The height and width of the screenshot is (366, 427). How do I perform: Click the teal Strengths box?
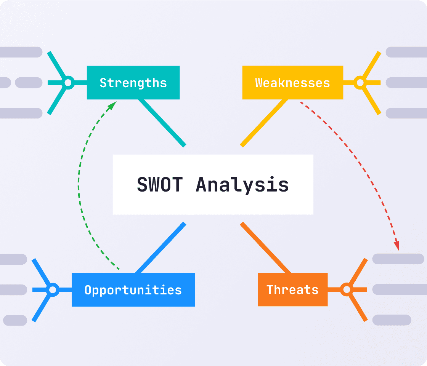[x=133, y=83]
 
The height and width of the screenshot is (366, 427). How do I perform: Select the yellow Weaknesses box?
[x=292, y=83]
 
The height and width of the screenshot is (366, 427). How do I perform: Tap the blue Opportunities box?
[x=133, y=290]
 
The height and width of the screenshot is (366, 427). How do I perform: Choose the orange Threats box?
[x=292, y=290]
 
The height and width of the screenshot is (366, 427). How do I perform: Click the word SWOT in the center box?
[x=160, y=185]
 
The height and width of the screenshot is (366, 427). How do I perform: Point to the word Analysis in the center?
[x=242, y=185]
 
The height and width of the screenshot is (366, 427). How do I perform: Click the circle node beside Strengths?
[x=68, y=83]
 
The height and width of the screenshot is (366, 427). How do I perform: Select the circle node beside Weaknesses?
[x=359, y=83]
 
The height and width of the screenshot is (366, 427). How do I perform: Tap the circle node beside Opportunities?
[x=53, y=290]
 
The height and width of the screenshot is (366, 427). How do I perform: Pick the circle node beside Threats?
[x=346, y=290]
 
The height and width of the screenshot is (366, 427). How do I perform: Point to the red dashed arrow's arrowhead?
[x=397, y=246]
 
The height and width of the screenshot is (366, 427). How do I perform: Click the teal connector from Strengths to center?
[x=162, y=122]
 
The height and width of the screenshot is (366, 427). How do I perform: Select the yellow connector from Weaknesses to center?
[x=264, y=122]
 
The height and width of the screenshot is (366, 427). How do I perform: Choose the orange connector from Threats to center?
[x=265, y=248]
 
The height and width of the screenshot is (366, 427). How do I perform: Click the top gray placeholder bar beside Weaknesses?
[x=406, y=52]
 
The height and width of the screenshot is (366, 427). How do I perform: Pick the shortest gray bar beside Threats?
[x=392, y=320]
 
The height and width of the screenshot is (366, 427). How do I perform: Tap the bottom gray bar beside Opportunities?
[x=15, y=320]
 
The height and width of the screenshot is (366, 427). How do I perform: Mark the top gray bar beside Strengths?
[x=21, y=52]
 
